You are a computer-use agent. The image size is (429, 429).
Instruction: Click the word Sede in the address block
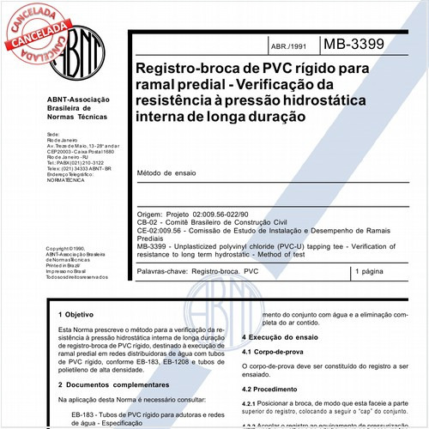[x=53, y=135]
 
